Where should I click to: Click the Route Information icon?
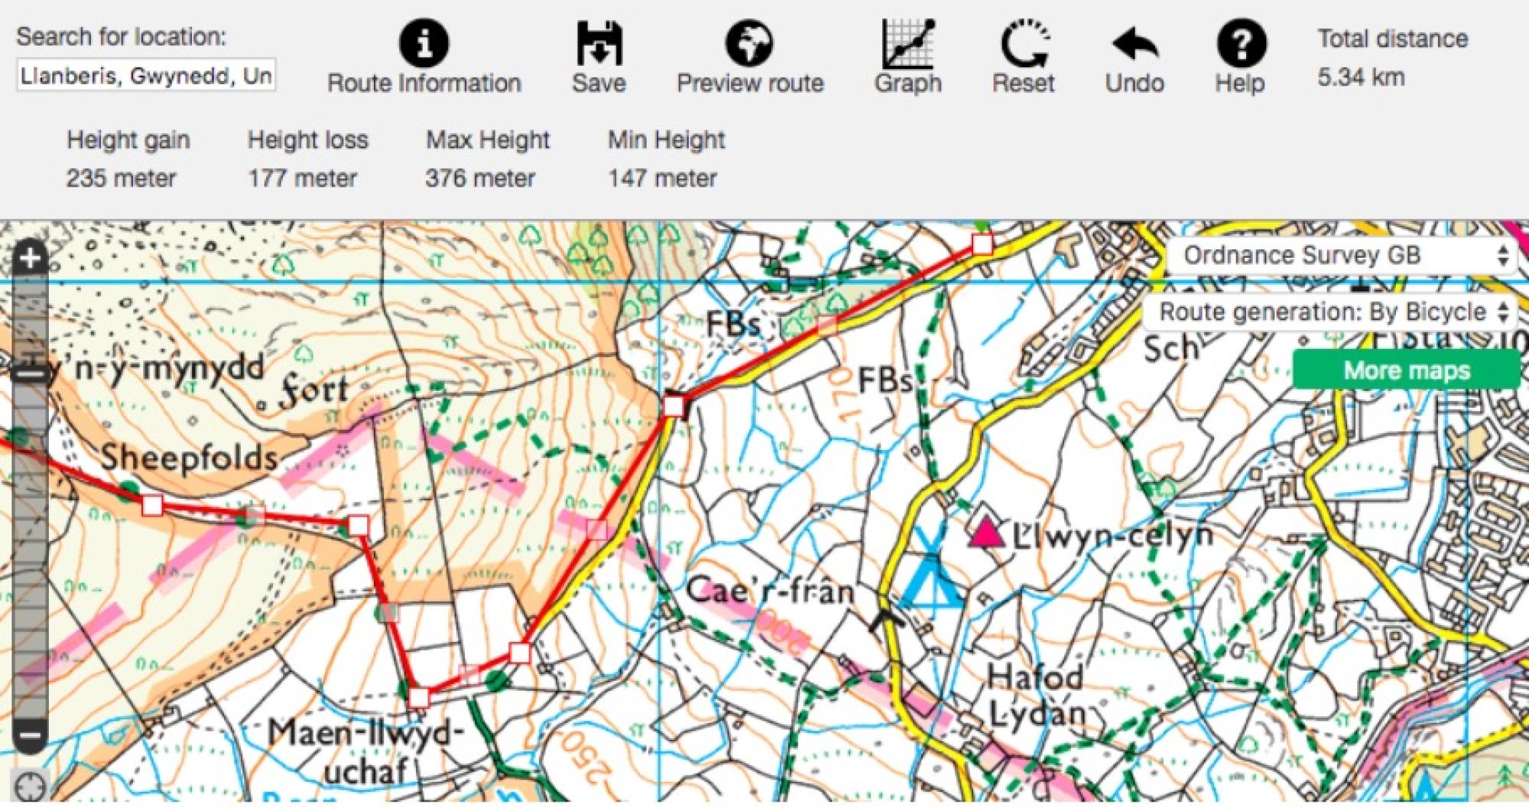[424, 44]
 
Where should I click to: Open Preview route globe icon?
[748, 44]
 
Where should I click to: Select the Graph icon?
[907, 44]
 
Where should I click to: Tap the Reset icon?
[1024, 44]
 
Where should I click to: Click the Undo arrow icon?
[1134, 44]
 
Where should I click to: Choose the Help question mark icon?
[1240, 44]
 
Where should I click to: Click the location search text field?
[145, 76]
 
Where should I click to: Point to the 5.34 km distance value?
[1361, 77]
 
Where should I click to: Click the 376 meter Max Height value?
[480, 178]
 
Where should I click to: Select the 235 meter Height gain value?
[121, 178]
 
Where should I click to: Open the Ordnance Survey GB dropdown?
[1342, 255]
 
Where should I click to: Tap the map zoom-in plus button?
[30, 258]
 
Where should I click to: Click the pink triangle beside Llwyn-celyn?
[986, 532]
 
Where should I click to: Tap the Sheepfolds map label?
[189, 458]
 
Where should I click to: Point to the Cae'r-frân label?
[769, 591]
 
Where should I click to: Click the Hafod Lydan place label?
[1036, 695]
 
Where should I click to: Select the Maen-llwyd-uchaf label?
[365, 750]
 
